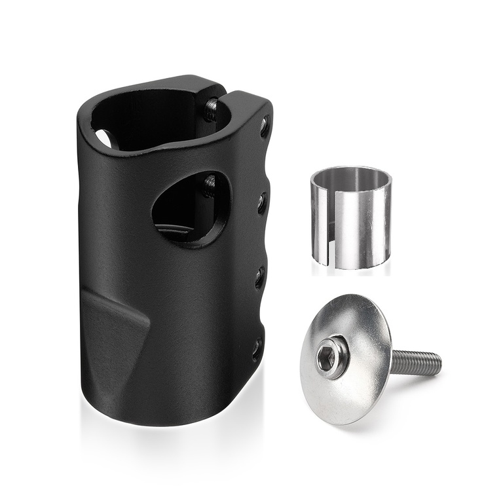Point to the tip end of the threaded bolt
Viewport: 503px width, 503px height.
click(x=438, y=359)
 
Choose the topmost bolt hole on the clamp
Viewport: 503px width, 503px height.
click(x=264, y=125)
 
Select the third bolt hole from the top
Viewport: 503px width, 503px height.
click(x=259, y=277)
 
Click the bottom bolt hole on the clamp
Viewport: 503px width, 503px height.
click(x=256, y=346)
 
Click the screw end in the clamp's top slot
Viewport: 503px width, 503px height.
click(x=212, y=109)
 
